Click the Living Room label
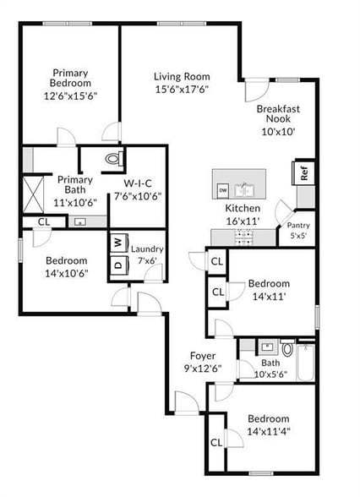pos(182,77)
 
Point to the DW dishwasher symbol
pos(223,189)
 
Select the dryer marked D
pos(118,264)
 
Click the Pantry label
pos(298,226)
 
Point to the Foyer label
pos(202,356)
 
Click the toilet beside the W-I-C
pos(114,158)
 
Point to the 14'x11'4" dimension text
pos(268,431)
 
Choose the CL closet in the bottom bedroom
pos(216,442)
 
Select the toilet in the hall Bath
pos(287,347)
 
